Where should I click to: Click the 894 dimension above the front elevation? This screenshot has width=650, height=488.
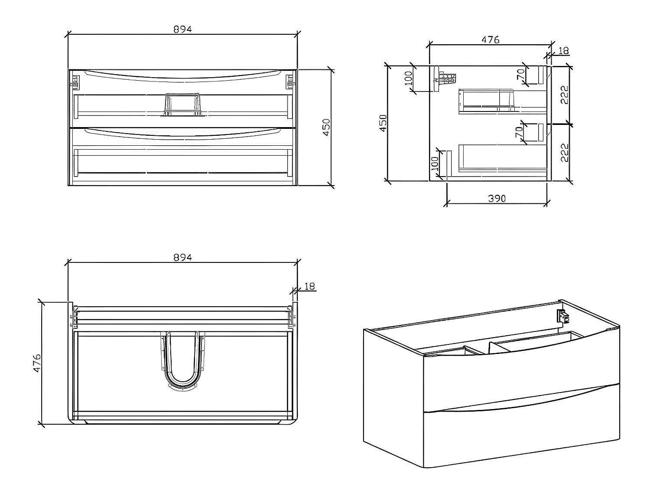pos(182,29)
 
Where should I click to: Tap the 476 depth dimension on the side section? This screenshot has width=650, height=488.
pos(491,39)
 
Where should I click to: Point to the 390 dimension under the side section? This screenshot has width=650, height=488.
pos(497,198)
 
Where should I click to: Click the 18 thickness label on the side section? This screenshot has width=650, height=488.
pos(563,51)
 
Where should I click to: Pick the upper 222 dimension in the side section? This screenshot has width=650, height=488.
pos(564,95)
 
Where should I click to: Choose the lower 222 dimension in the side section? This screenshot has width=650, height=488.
pos(564,152)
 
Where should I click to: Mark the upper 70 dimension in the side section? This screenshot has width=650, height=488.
pos(520,74)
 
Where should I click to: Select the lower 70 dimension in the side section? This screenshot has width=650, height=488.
pos(519,132)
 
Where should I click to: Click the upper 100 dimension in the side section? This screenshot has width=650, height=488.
pos(408,79)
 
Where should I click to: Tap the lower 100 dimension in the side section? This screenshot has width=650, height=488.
pos(435,164)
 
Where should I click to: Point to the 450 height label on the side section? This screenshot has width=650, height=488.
pos(383,123)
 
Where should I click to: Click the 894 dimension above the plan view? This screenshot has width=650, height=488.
pos(182,257)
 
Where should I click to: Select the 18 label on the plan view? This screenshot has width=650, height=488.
pos(309,286)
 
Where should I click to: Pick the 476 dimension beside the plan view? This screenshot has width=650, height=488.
pos(37,362)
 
